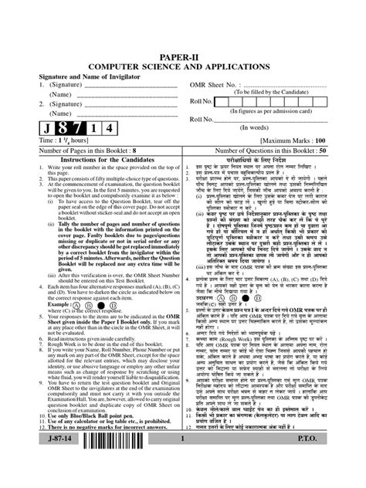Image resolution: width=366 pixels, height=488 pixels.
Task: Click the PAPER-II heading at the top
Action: coord(183,56)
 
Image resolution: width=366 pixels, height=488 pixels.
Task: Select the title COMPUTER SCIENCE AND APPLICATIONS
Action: coord(183,66)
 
